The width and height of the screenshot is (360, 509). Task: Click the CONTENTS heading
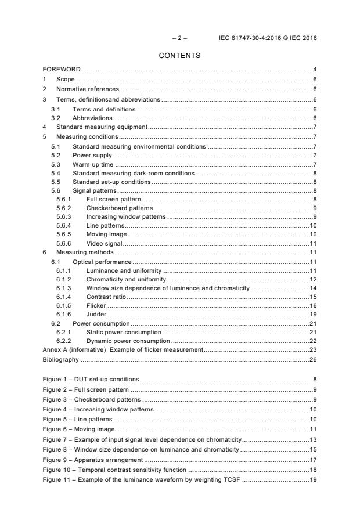click(x=180, y=56)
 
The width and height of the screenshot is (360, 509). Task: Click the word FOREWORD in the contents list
click(x=62, y=70)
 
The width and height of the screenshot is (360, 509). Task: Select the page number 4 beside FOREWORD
click(x=315, y=70)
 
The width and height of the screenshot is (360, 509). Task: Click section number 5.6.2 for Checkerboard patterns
click(x=64, y=208)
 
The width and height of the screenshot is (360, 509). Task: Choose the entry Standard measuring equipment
click(x=102, y=127)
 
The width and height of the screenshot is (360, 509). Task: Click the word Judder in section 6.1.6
click(x=96, y=314)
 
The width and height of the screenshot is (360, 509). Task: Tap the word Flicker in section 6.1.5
click(x=96, y=305)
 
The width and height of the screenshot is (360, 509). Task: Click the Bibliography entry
click(x=62, y=360)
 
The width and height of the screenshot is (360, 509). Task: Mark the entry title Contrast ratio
click(x=106, y=297)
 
